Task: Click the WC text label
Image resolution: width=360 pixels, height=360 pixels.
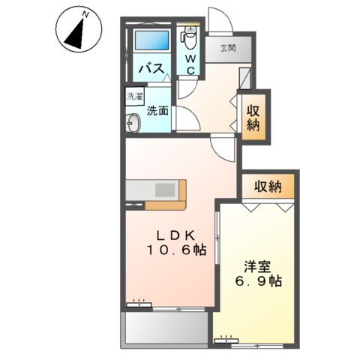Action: coord(190,64)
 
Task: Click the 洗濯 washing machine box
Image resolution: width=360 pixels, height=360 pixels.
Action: coord(132,97)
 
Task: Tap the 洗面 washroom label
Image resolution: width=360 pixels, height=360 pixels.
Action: coord(157,111)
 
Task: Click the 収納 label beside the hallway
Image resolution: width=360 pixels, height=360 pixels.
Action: coord(253,117)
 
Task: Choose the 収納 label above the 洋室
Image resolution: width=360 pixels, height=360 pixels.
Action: coord(267,186)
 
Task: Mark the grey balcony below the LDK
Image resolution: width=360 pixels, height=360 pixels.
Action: coord(165,327)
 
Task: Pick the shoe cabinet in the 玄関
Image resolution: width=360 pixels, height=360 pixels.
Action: coord(246,77)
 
